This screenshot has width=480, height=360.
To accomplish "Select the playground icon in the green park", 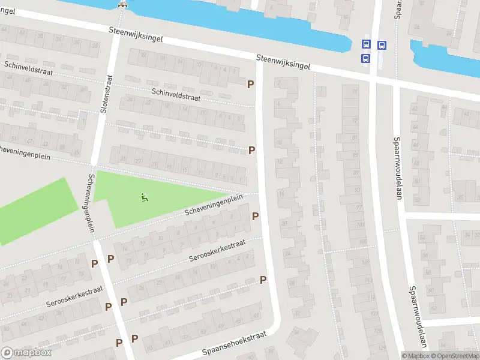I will click(x=144, y=197).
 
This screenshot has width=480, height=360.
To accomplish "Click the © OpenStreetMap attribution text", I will click(x=454, y=356).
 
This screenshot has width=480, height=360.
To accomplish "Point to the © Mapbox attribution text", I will click(x=415, y=356).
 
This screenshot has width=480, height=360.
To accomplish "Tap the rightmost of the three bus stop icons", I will click(x=382, y=44).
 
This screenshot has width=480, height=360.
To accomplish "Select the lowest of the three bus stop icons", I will click(x=365, y=58).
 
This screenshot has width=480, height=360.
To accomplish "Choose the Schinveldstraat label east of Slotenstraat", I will click(x=176, y=94).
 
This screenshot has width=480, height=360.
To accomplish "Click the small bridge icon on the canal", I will click(x=123, y=4).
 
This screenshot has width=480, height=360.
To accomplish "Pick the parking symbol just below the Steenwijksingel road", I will click(x=250, y=84).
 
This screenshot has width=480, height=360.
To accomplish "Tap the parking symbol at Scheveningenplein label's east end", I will click(x=255, y=216).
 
